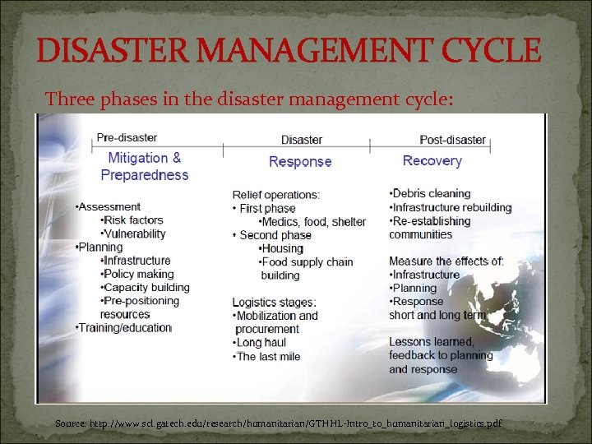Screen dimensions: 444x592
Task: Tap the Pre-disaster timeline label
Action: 127,137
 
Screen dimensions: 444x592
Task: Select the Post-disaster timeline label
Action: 453,140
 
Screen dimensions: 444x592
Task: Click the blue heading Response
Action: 300,162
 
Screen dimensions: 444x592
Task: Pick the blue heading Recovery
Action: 432,161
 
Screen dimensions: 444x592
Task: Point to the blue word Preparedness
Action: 145,175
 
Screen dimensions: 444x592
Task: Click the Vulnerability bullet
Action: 133,234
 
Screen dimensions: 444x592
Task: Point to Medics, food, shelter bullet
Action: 312,222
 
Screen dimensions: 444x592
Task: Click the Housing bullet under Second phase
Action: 281,248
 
